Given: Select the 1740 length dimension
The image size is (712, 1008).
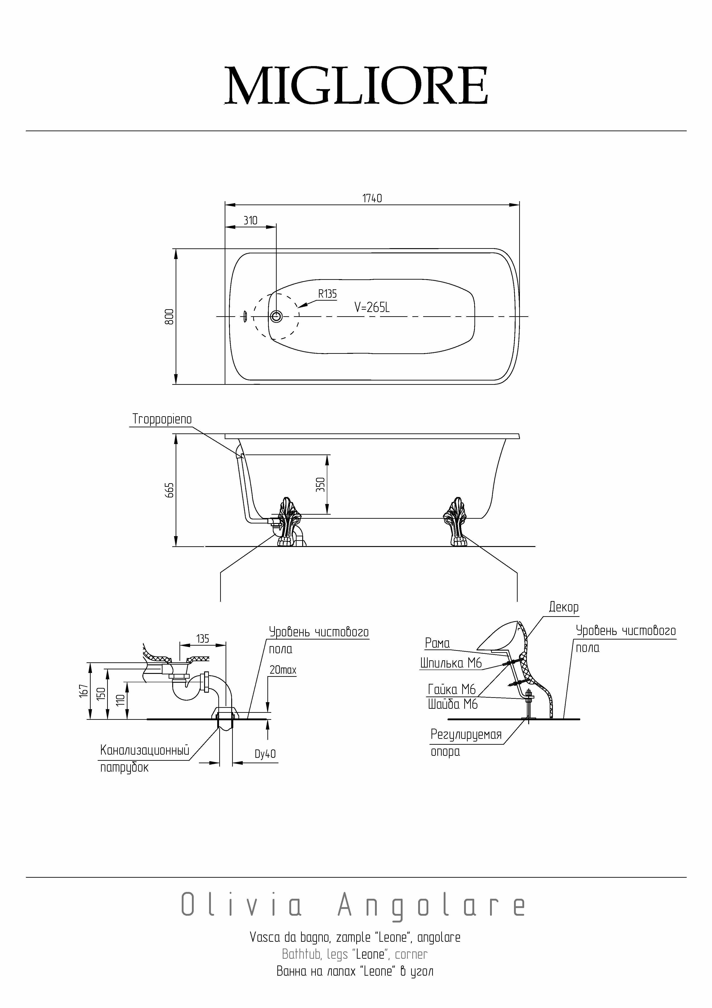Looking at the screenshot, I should coord(372,198).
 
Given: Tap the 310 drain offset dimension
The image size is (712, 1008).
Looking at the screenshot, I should coord(250,220).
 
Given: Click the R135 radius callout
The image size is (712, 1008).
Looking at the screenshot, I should coord(327,294).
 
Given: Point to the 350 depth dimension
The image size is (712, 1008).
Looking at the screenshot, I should coord(321,485).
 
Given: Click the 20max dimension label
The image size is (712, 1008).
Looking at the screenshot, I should coord(283,670).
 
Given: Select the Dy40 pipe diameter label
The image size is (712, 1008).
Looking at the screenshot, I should coord(265,754).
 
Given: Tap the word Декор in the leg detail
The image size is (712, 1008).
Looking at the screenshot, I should coord(564,608).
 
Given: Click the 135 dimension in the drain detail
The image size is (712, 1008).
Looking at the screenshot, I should coord(203,639).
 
